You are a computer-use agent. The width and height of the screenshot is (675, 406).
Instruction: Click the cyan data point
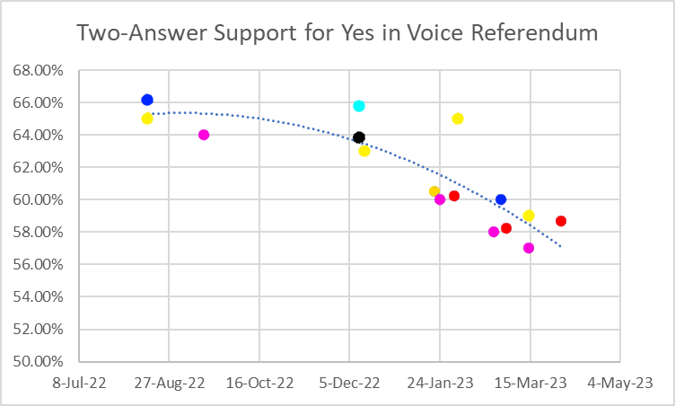point(359,106)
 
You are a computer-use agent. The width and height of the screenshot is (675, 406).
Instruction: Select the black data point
point(359,137)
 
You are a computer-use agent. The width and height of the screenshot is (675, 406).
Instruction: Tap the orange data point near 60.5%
point(434,191)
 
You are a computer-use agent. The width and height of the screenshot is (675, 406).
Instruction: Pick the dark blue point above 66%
point(147,100)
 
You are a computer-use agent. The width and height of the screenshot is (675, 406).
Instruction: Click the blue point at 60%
point(501,199)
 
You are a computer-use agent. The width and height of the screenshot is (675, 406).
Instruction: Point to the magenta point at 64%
point(204,135)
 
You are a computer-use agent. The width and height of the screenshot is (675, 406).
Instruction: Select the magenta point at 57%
point(529,248)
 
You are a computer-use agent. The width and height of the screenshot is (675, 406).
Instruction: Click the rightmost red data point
point(561,221)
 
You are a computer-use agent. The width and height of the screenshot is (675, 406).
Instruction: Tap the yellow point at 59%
point(529,216)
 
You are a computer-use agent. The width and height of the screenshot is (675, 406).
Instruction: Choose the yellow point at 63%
point(364,151)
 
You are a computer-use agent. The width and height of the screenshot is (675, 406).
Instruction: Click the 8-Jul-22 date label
point(79,383)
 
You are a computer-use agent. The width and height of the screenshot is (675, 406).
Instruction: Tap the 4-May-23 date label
point(620,383)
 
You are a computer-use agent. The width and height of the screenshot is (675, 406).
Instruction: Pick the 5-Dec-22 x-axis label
point(350,383)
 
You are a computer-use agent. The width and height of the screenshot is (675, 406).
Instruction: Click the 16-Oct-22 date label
point(260,383)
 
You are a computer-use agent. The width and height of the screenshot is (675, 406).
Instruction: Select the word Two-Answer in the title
point(131,34)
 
